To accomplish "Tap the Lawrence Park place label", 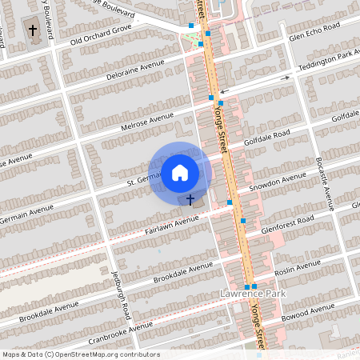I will [x=251, y=294].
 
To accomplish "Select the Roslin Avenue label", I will [x=298, y=266].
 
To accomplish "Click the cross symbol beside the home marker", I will [x=190, y=198].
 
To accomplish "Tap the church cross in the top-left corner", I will [x=33, y=31].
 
